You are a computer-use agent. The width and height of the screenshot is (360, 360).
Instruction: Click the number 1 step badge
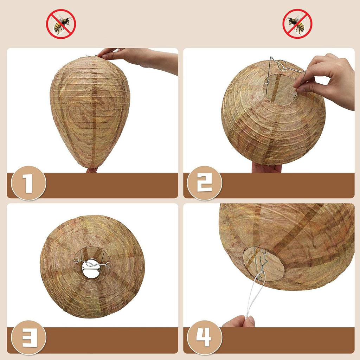29,183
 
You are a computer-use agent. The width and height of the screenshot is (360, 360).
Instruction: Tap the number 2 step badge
205,183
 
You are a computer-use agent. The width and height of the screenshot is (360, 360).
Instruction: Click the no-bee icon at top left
61,24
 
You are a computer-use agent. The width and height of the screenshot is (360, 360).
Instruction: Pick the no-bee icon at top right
297,24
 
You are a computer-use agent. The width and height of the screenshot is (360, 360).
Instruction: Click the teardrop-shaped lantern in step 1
90,112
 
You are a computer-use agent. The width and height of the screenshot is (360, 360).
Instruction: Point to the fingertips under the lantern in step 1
92,170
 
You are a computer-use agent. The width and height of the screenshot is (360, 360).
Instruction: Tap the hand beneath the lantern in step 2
266,168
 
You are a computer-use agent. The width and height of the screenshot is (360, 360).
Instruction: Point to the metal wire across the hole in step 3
92,264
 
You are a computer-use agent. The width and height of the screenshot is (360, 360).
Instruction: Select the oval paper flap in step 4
264,264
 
